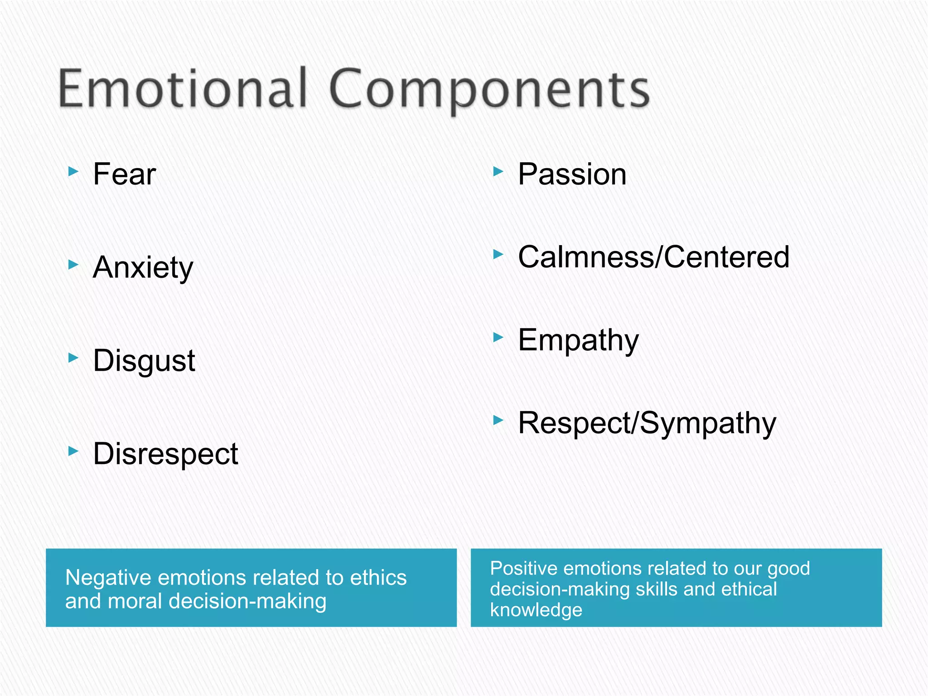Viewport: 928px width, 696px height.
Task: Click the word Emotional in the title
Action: pos(183,88)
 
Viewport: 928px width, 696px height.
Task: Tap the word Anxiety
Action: pos(143,267)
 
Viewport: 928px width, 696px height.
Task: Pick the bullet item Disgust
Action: pos(144,361)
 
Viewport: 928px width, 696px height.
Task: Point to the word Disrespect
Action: pos(165,454)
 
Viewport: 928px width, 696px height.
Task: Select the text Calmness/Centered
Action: pos(653,257)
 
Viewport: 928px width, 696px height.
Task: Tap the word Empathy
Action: pos(578,340)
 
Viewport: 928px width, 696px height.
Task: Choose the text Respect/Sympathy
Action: pos(647,423)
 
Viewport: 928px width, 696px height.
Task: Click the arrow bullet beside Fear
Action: pos(73,171)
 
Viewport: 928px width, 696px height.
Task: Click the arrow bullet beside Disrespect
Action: pos(73,451)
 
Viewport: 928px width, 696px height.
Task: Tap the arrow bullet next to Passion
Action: pos(498,171)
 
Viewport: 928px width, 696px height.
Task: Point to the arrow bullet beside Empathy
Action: pos(498,337)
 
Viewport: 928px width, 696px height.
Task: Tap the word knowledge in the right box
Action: pos(536,610)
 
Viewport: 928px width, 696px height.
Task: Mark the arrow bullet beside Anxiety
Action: pos(73,264)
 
